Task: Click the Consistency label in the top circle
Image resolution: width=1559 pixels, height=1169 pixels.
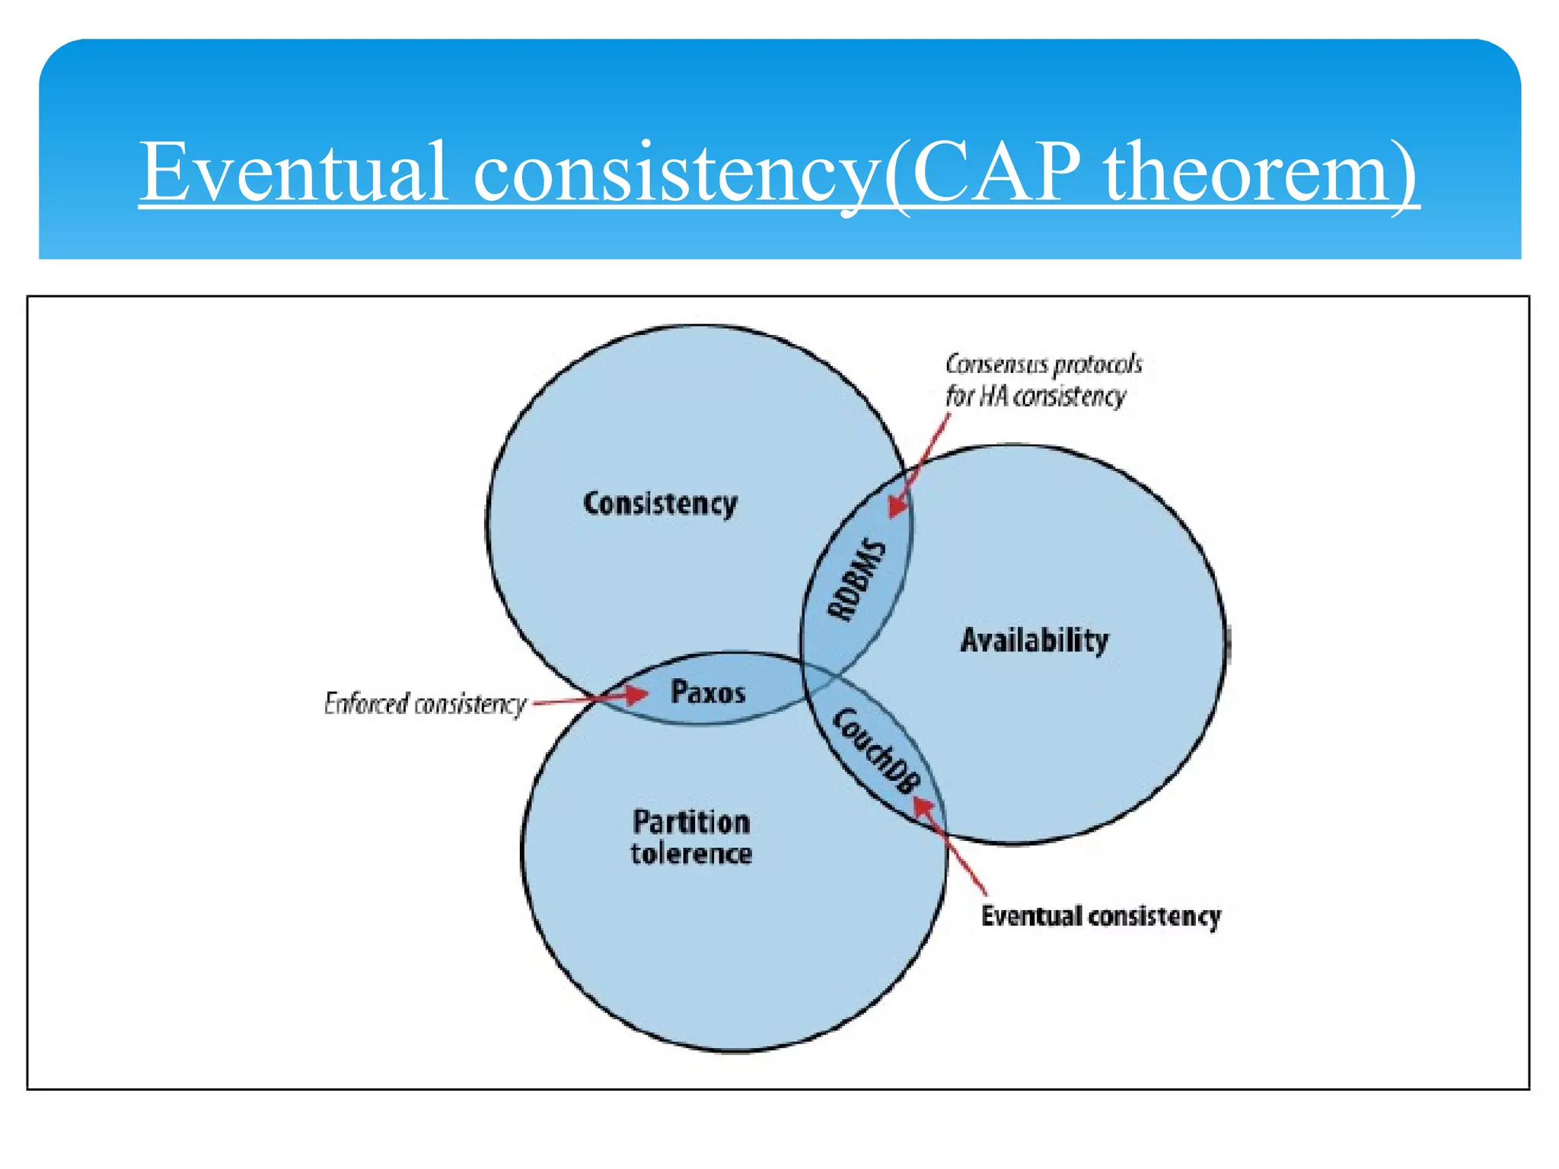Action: pyautogui.click(x=660, y=504)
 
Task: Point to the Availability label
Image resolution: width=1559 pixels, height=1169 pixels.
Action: pyautogui.click(x=1034, y=640)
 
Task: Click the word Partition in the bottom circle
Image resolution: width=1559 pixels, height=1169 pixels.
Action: pyautogui.click(x=691, y=822)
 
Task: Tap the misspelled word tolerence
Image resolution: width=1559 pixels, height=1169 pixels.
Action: pyautogui.click(x=691, y=854)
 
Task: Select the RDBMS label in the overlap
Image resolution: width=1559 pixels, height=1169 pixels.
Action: pyautogui.click(x=858, y=581)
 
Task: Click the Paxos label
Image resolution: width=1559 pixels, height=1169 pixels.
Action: pyautogui.click(x=708, y=692)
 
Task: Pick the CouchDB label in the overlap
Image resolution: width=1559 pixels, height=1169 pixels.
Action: pyautogui.click(x=876, y=750)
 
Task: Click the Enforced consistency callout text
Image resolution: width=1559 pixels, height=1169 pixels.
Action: pyautogui.click(x=425, y=704)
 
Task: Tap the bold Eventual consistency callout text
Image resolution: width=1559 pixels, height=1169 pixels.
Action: pyautogui.click(x=1101, y=916)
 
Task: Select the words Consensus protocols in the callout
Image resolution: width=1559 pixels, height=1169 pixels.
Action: pyautogui.click(x=1044, y=365)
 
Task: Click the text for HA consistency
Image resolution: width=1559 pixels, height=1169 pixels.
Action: pyautogui.click(x=1035, y=397)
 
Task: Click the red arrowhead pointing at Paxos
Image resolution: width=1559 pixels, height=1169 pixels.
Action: pyautogui.click(x=636, y=694)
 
